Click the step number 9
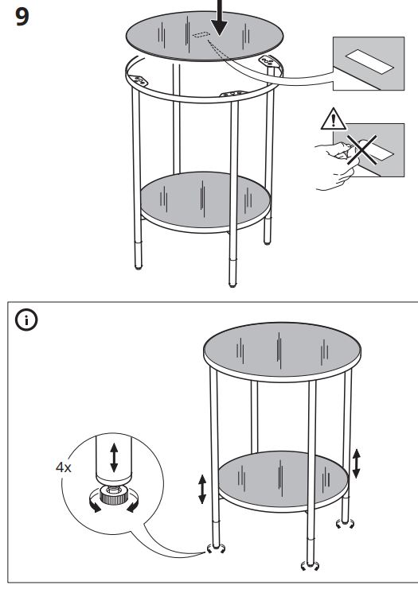22,17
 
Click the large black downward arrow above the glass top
219,17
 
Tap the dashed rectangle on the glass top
201,35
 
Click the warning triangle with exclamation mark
334,118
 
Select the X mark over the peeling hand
362,150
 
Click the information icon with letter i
26,320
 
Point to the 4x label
63,467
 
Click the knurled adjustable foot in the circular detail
113,495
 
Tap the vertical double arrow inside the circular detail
114,457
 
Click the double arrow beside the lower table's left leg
202,489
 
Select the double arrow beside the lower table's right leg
356,464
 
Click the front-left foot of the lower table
216,548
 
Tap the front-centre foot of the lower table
311,565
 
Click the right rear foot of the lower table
345,523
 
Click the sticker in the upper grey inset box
369,62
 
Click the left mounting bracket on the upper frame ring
139,80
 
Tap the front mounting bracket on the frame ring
232,94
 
